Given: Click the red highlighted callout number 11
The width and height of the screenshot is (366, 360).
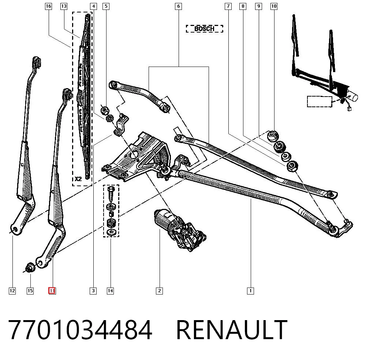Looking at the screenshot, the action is tap(52, 291).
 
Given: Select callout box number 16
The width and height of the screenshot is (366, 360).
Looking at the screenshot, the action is tap(48, 6).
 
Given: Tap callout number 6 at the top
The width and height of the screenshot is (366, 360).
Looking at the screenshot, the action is tap(178, 6).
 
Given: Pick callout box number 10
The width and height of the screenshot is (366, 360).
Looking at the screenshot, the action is tap(274, 6).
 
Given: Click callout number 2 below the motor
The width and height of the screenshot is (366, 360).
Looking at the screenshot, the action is tap(160, 291).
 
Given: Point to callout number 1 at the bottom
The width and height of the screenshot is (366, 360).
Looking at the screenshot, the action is tap(250, 291).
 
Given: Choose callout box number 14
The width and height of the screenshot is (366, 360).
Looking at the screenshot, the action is tap(110, 291).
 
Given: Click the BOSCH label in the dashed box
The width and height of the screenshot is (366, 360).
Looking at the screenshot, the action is tap(204, 29).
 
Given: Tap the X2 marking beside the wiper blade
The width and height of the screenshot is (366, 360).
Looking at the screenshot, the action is tap(78, 179).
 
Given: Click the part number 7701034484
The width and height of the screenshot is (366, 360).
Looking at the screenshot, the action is tap(80, 330).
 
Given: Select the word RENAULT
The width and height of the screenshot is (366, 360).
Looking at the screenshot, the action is tap(232, 330).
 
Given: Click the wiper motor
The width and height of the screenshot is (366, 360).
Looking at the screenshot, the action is tap(180, 230).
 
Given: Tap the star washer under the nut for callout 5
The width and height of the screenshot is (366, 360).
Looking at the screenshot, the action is tap(109, 119).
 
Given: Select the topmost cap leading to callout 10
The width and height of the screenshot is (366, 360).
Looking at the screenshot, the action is tap(273, 136).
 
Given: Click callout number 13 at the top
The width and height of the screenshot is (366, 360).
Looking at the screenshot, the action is tap(64, 6).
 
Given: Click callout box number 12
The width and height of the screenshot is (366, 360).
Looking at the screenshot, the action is tap(12, 291).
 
